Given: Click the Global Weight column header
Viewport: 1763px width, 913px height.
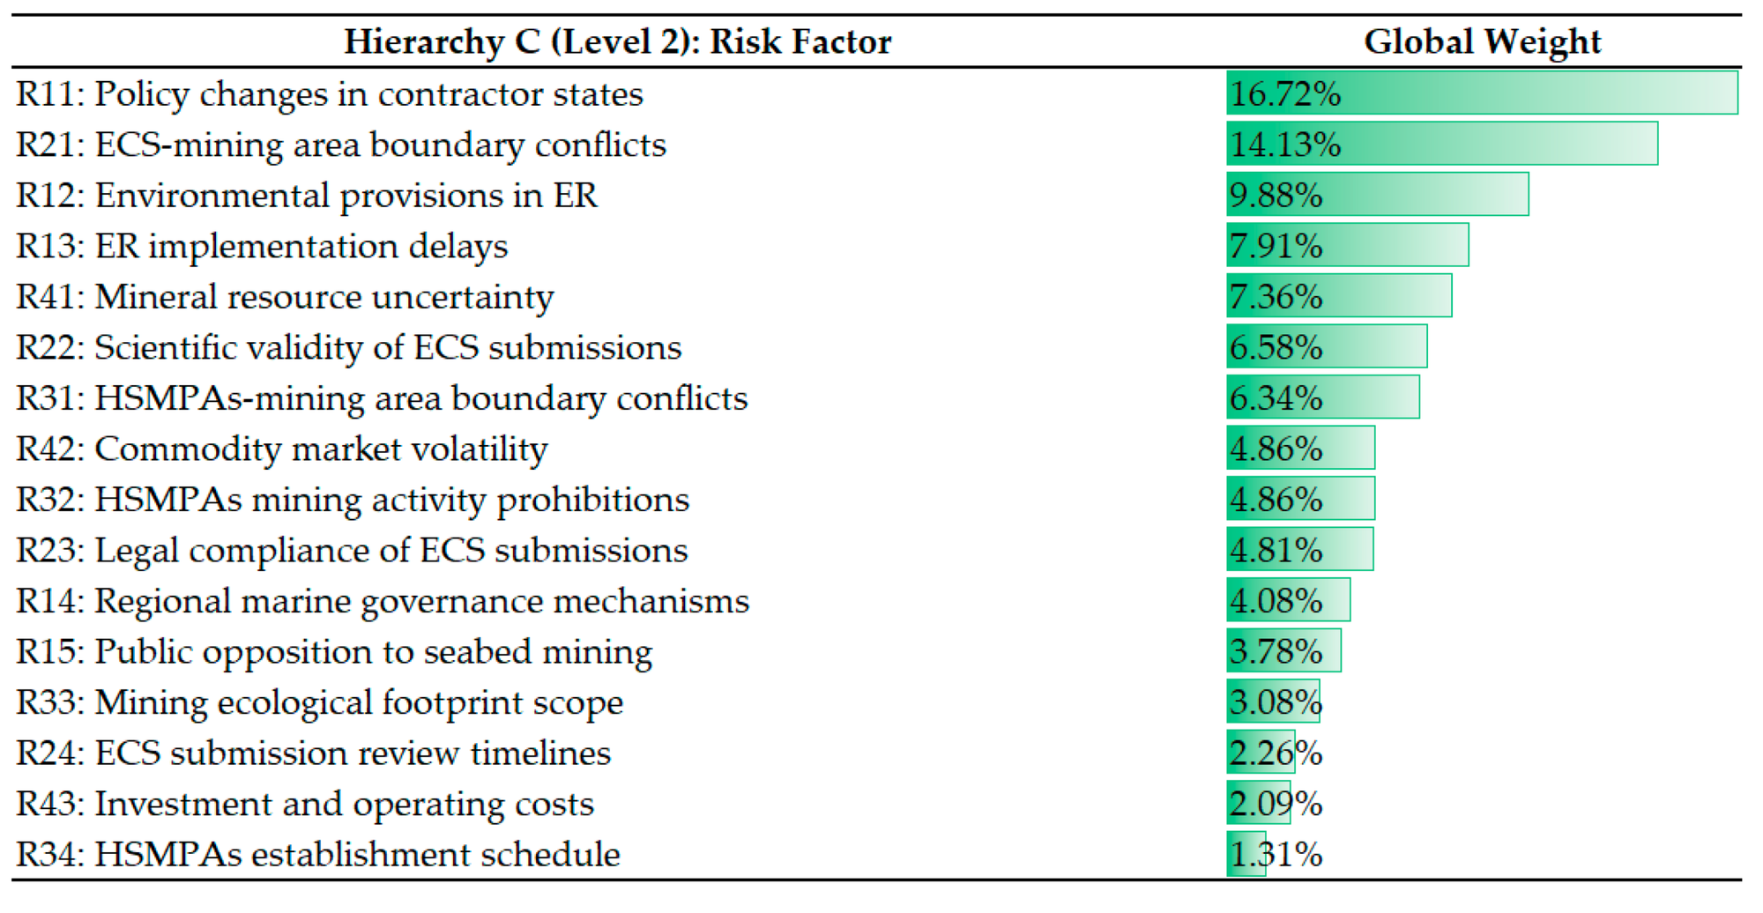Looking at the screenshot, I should point(1482,41).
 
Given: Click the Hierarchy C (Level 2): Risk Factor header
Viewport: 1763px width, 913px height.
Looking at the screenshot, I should point(617,41).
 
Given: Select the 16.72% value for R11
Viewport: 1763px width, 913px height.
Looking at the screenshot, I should point(1284,93).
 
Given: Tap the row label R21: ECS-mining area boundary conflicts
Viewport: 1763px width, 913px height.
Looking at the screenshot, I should point(341,145).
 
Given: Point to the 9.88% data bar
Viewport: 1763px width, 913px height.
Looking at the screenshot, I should point(1377,195).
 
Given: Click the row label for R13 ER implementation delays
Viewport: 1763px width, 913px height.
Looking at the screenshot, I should point(262,246).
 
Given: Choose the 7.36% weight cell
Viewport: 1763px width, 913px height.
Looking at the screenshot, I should point(1276,296).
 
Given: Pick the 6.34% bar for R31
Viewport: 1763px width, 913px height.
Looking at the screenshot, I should point(1322,397).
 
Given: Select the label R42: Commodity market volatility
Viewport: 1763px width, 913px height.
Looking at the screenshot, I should point(282,449).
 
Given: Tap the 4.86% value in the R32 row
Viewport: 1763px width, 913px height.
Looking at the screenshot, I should point(1276,500).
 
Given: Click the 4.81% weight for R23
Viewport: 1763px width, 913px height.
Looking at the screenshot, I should point(1276,550).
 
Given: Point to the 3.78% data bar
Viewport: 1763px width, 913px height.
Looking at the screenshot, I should point(1283,651).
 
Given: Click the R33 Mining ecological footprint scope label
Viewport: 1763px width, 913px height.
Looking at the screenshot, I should point(319,702).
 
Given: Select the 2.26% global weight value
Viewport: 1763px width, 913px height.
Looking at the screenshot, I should point(1276,753).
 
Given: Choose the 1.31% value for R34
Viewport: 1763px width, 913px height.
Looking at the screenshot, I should point(1276,854).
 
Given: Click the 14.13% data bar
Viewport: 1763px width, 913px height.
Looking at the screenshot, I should point(1441,145).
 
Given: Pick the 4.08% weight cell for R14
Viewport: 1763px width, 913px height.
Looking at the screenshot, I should point(1276,601).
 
